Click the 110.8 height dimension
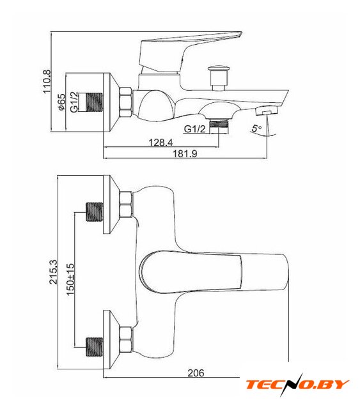pyautogui.click(x=47, y=81)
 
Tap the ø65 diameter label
pyautogui.click(x=61, y=102)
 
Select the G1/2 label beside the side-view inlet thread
pyautogui.click(x=74, y=102)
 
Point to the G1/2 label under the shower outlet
pyautogui.click(x=195, y=129)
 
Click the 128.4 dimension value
pyautogui.click(x=160, y=143)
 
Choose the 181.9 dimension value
pyautogui.click(x=185, y=153)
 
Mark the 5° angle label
pyautogui.click(x=256, y=128)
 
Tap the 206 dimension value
pyautogui.click(x=196, y=373)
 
